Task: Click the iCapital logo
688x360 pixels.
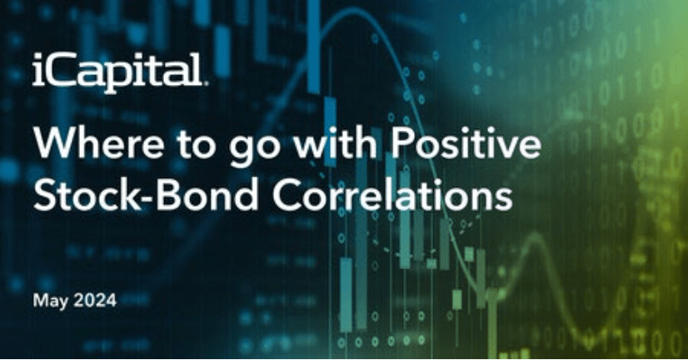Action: [x=119, y=72]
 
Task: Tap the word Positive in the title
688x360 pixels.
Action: [x=466, y=142]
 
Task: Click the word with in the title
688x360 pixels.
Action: [x=335, y=142]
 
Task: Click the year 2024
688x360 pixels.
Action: [x=95, y=301]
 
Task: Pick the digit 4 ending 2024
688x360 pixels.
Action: [x=111, y=301]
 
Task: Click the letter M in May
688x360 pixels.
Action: [x=40, y=301]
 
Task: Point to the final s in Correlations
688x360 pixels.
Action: [x=504, y=198]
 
